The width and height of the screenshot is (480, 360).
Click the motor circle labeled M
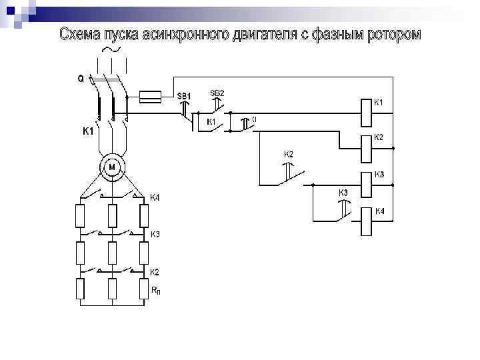click(x=112, y=167)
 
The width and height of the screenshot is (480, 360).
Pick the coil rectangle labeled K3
click(x=366, y=185)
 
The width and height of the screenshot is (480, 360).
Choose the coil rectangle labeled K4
click(x=366, y=221)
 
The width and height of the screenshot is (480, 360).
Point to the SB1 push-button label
click(x=184, y=97)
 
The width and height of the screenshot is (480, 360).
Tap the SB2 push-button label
click(x=217, y=93)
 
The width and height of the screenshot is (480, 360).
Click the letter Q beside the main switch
click(x=81, y=78)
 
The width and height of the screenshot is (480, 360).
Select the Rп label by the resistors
click(x=155, y=291)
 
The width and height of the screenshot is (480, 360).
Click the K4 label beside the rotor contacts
click(x=155, y=197)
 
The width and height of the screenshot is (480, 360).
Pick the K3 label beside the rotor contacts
click(x=155, y=234)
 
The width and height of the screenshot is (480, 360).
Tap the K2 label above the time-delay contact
click(x=289, y=155)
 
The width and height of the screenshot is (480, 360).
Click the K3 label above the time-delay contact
click(x=343, y=193)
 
